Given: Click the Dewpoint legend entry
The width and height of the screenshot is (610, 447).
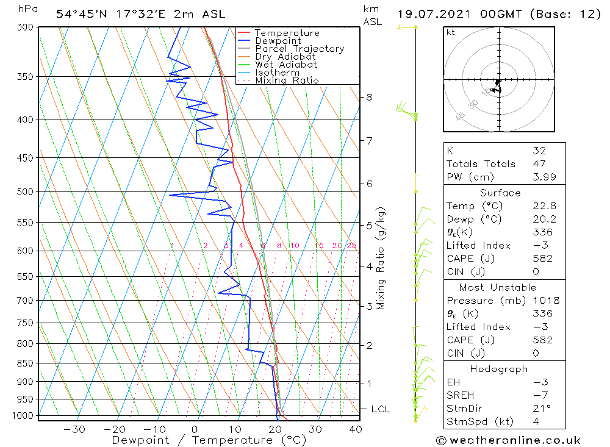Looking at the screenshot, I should pyautogui.click(x=278, y=41).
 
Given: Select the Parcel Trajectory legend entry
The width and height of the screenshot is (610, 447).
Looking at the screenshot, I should pyautogui.click(x=300, y=49).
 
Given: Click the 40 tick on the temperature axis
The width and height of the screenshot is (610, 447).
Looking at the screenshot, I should pyautogui.click(x=355, y=429).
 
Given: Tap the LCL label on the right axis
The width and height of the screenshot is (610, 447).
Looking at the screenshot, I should pyautogui.click(x=380, y=409).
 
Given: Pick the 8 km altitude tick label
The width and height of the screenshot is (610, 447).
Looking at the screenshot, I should pyautogui.click(x=370, y=97).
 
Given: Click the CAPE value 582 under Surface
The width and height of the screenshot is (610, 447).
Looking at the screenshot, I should pyautogui.click(x=542, y=259).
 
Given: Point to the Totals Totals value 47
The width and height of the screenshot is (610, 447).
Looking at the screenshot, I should pyautogui.click(x=539, y=164).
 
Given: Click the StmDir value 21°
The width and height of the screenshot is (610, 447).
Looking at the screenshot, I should pyautogui.click(x=541, y=408).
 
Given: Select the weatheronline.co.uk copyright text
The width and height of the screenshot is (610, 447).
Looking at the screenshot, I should pyautogui.click(x=508, y=440).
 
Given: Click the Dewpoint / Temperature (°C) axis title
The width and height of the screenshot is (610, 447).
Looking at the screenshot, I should pyautogui.click(x=209, y=440).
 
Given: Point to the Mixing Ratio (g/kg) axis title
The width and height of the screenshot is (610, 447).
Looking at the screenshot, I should pyautogui.click(x=381, y=259).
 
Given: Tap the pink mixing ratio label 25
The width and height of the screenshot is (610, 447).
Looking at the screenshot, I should pyautogui.click(x=352, y=246).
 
